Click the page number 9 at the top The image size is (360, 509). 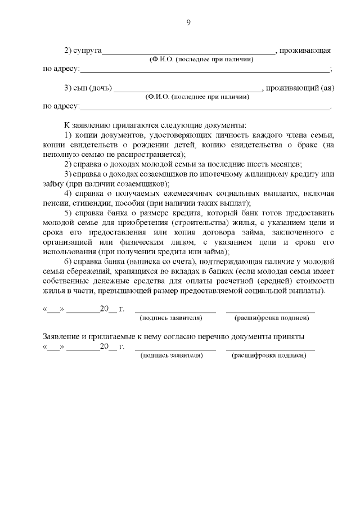point(188,22)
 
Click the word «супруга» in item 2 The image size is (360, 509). point(87,51)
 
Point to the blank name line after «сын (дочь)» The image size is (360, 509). point(188,89)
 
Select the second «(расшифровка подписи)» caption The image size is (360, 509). point(269,356)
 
